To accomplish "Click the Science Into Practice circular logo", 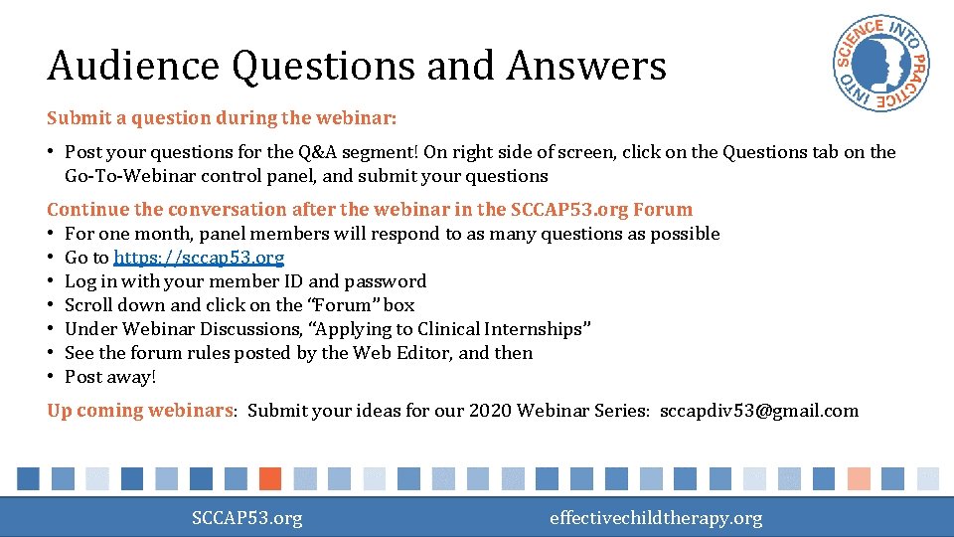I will coord(881,67).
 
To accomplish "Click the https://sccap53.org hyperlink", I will coord(199,258).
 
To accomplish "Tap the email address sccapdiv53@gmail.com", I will coord(759,411).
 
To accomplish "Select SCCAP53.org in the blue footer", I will coord(246,518).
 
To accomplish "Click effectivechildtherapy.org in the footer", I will coord(656,518).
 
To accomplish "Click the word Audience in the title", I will coord(132,68).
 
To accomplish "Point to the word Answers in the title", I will coord(586,68).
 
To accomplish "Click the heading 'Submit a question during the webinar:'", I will coord(222,118).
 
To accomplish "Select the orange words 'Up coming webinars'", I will coord(139,411).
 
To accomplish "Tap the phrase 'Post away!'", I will coord(110,377).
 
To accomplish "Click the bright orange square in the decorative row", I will coord(269,478).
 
